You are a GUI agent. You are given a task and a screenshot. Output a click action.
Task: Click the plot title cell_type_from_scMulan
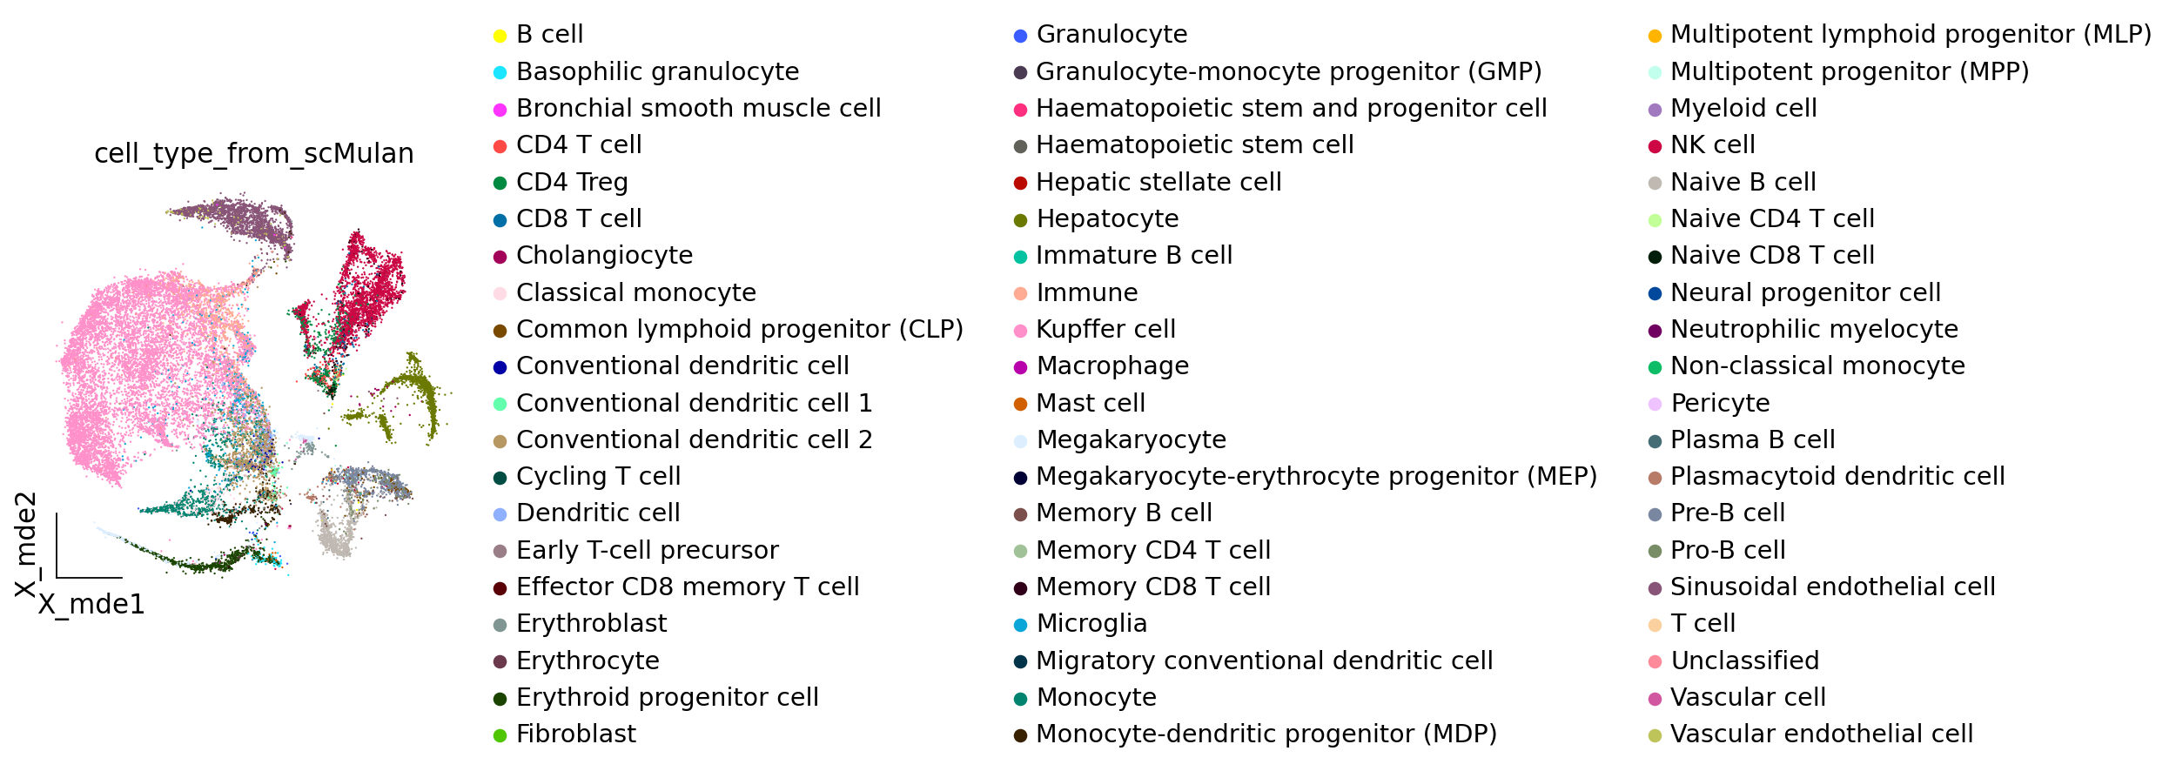[x=253, y=153]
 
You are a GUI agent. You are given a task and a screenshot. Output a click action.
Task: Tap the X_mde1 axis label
[x=91, y=604]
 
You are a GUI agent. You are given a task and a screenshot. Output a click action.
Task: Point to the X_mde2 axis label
[x=25, y=545]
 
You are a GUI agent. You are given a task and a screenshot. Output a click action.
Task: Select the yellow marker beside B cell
[x=500, y=36]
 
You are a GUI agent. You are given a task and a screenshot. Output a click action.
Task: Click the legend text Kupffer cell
[x=1105, y=329]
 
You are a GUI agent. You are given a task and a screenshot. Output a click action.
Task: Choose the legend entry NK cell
[x=1712, y=144]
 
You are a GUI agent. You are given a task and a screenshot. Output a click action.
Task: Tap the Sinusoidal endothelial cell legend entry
[x=1832, y=587]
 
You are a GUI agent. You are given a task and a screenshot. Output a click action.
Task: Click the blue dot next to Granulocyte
[x=1020, y=36]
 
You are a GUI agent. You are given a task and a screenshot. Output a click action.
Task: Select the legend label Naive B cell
[x=1743, y=182]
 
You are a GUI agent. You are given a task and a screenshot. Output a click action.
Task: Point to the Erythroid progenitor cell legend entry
[x=667, y=697]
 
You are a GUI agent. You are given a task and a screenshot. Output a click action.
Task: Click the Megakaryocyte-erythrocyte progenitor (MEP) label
[x=1316, y=476]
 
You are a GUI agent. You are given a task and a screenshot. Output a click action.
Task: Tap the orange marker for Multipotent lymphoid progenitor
[x=1655, y=36]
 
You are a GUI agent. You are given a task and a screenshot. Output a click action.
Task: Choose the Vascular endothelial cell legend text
[x=1821, y=734]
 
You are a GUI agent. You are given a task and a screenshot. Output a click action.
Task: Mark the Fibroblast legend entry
[x=575, y=734]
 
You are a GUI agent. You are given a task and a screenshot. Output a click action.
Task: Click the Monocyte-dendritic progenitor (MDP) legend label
[x=1266, y=734]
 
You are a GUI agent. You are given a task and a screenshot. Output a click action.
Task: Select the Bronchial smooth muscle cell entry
[x=698, y=108]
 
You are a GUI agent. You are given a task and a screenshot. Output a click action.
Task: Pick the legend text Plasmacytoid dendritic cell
[x=1837, y=476]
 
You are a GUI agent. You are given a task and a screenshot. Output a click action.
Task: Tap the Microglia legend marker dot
[x=1020, y=625]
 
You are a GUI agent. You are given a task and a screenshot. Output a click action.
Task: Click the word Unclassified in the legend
[x=1744, y=660]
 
